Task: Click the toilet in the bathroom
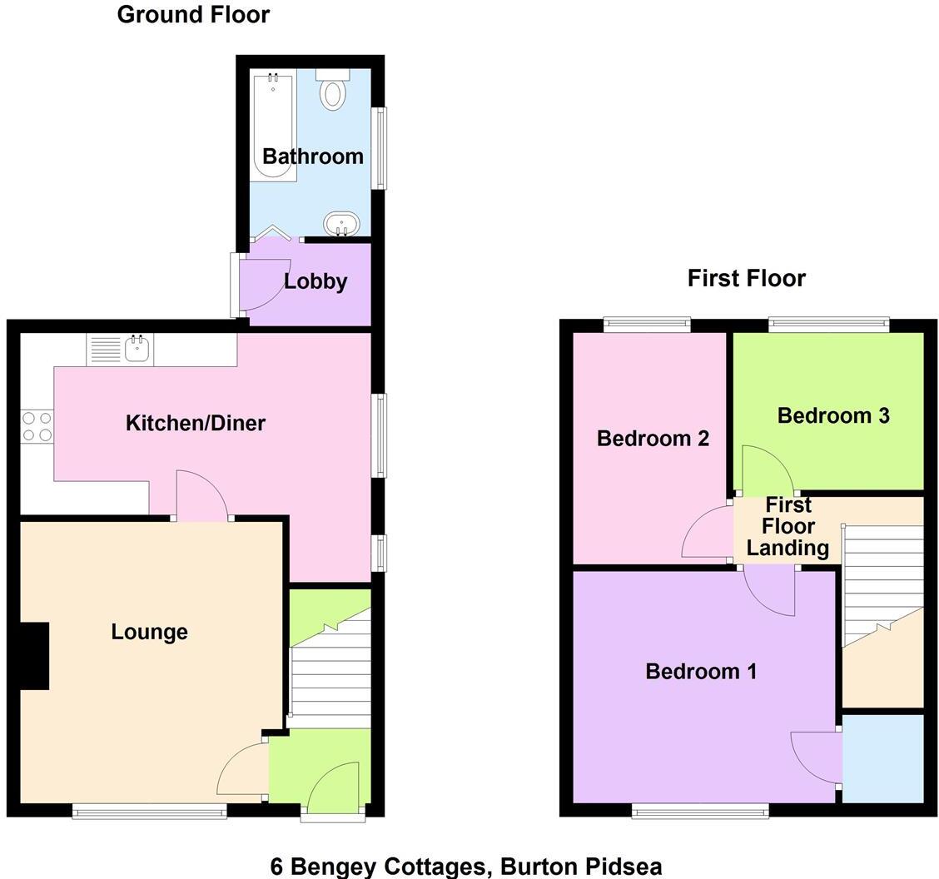click(333, 92)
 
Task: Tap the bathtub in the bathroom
click(274, 127)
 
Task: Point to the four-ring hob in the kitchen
click(37, 427)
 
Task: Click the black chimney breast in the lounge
click(34, 656)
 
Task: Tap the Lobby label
click(315, 282)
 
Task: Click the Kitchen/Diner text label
click(196, 423)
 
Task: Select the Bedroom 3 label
click(833, 415)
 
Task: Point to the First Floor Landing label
click(787, 527)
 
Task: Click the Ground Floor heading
click(193, 14)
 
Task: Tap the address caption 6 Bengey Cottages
click(466, 867)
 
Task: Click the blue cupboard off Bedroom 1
click(883, 757)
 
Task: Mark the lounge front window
click(149, 811)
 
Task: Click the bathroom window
click(380, 148)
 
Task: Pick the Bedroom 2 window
click(647, 325)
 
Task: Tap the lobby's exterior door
click(236, 286)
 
